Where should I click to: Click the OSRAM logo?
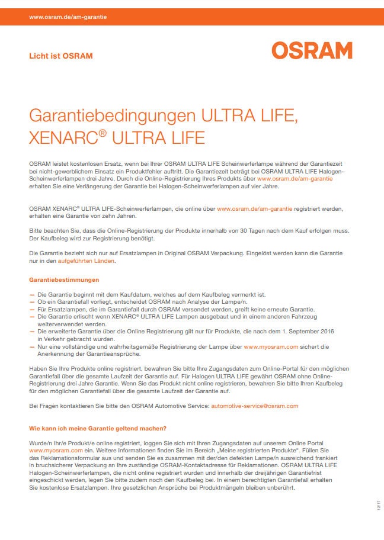312,50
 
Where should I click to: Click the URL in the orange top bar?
68,17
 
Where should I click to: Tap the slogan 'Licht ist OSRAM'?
61,56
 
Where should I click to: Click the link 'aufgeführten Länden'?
86,261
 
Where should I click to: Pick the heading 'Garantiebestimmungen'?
64,279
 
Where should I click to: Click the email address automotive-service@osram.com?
255,406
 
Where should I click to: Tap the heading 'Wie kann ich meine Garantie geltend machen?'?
98,428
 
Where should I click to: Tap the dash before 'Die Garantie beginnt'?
31,294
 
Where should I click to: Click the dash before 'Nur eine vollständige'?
31,347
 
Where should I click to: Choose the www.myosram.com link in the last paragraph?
56,451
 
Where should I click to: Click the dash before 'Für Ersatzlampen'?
31,309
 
